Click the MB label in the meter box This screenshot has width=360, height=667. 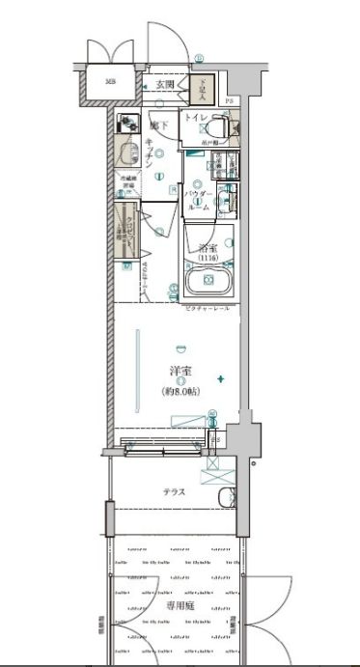pos(110,83)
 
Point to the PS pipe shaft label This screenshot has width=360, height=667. pos(230,101)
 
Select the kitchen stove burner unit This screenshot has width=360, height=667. pos(127,124)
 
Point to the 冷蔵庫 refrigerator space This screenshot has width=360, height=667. pos(127,183)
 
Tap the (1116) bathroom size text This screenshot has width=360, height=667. pos(208,258)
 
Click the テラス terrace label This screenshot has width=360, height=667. pos(174,491)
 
